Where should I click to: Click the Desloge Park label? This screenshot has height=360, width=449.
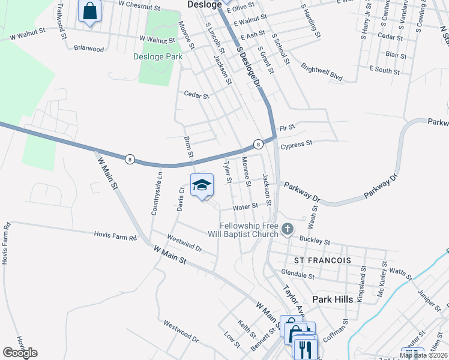tap(157, 57)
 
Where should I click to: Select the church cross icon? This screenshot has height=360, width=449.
tap(288, 229)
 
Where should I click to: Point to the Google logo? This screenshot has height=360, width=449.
tap(20, 353)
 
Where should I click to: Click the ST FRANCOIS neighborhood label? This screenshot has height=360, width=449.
tap(322, 260)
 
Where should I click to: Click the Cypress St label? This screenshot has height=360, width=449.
tap(296, 144)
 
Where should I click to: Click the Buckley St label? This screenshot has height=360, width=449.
tap(315, 241)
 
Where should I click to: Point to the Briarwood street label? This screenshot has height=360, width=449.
tap(89, 49)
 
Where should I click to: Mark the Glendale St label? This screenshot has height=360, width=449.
tap(298, 275)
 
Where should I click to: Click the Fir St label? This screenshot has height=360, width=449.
tap(288, 128)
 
